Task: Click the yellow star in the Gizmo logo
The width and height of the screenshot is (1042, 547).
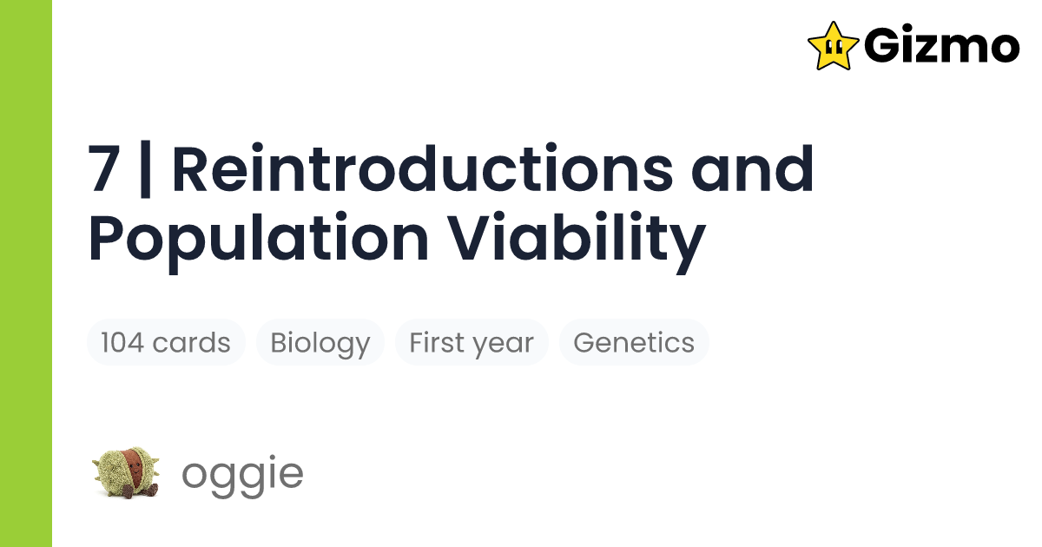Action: (833, 45)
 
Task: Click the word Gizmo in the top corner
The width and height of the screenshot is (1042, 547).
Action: (942, 45)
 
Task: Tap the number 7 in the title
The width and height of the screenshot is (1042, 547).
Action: (104, 170)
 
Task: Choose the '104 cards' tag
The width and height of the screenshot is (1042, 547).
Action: (166, 342)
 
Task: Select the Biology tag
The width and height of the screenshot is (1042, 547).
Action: (320, 342)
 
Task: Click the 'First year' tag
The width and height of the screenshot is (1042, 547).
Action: (472, 342)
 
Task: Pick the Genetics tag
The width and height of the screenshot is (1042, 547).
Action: (634, 342)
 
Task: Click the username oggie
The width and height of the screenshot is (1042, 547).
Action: (242, 474)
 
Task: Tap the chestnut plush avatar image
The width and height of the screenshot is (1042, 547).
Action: (123, 474)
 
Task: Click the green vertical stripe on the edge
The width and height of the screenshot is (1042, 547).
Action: (26, 273)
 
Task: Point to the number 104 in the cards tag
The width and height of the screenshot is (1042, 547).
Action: (123, 342)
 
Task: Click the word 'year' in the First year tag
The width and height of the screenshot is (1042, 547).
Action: (505, 344)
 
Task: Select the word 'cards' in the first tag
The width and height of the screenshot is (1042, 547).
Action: (191, 342)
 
